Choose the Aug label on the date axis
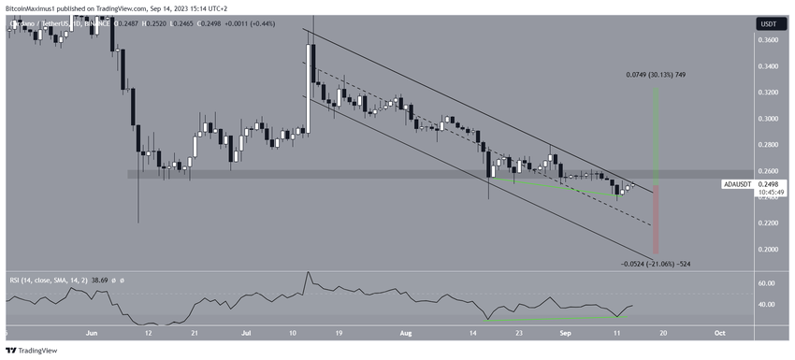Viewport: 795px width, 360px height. (405, 332)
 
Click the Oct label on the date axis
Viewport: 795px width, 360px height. (719, 332)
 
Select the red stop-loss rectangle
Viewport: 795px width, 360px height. (658, 220)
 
